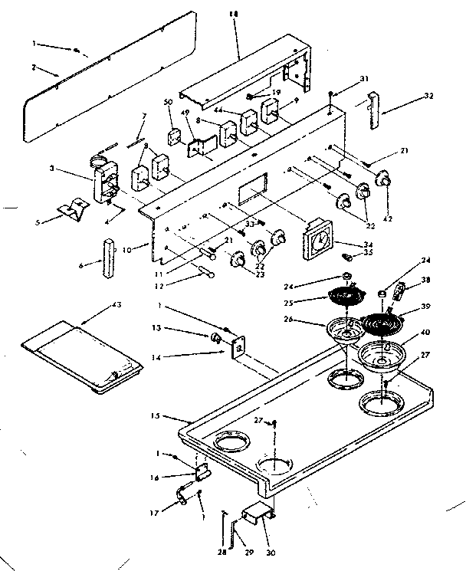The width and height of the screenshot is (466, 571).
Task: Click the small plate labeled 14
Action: pyautogui.click(x=238, y=347)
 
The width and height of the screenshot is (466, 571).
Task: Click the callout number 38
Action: pyautogui.click(x=426, y=281)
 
